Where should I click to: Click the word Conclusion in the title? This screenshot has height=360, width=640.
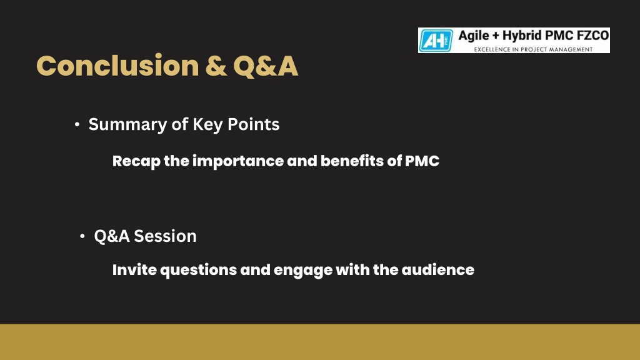(x=117, y=66)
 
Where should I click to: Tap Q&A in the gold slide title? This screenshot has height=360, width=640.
(x=265, y=66)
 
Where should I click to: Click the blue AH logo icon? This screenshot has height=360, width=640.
(x=436, y=41)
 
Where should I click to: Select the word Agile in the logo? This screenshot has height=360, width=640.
(x=474, y=36)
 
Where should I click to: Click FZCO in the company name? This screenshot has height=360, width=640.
(x=592, y=36)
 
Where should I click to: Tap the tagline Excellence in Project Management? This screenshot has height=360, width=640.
(x=533, y=49)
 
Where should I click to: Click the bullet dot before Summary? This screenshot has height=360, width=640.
(x=77, y=124)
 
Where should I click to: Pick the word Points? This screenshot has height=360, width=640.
(x=254, y=124)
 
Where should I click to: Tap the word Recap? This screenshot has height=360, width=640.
(x=136, y=161)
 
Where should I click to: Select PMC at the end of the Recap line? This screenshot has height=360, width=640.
(x=422, y=161)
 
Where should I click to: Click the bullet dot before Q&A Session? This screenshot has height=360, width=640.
(x=82, y=236)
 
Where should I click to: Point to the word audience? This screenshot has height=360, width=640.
(x=437, y=270)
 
